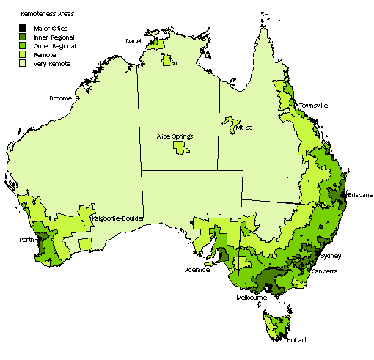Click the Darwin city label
(x=135, y=41)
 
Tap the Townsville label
(x=313, y=106)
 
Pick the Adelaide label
(x=197, y=270)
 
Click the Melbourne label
(x=252, y=298)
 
